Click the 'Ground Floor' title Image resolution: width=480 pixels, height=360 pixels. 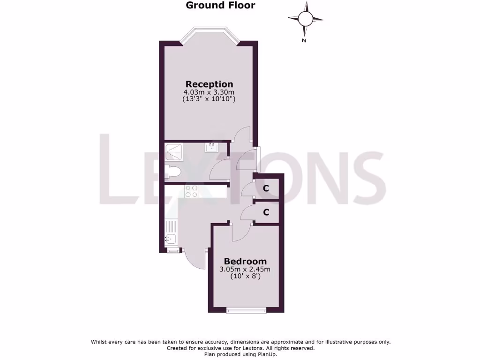tap(220, 6)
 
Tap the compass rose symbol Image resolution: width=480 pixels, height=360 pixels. tap(305, 19)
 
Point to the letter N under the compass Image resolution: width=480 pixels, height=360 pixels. tap(304, 41)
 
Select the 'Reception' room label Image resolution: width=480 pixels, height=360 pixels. tap(209, 84)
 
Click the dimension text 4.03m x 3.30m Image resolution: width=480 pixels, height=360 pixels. tap(209, 92)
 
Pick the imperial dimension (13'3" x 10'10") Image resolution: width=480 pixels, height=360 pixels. tap(209, 99)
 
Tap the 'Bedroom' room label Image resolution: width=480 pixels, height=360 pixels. tap(245, 261)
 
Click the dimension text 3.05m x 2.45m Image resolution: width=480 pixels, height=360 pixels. tap(245, 269)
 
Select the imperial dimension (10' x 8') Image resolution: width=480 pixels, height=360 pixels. tap(245, 277)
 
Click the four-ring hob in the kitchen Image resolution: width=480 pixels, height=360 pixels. tap(191, 191)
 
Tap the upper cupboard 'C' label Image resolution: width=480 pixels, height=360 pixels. tap(266, 188)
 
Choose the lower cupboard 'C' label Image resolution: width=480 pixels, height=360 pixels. tap(266, 212)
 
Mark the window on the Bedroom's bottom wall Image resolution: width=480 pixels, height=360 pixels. tap(246, 310)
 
